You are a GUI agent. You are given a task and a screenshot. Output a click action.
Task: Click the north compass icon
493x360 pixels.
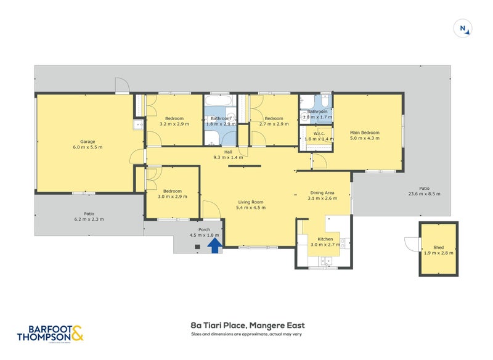(462, 28)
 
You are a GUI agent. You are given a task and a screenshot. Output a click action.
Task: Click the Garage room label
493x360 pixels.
(86, 141)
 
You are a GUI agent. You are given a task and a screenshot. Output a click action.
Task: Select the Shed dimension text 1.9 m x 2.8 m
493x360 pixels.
(439, 253)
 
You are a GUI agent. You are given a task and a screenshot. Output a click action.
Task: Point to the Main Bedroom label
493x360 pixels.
(364, 133)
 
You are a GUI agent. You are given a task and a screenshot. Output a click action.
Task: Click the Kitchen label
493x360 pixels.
(325, 239)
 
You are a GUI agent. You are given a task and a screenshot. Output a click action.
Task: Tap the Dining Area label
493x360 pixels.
(321, 192)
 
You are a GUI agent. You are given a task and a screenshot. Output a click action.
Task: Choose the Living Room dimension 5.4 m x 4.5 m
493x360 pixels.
(251, 208)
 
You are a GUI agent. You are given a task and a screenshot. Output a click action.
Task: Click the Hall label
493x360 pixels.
(228, 152)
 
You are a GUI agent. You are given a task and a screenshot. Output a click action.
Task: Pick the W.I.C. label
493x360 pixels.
(319, 133)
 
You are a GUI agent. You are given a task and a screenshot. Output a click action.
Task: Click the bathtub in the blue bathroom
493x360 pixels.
(218, 100)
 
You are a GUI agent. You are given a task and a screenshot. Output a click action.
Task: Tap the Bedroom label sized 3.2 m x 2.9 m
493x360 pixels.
(174, 118)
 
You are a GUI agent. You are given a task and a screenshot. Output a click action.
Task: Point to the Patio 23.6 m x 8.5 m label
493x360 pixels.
(424, 189)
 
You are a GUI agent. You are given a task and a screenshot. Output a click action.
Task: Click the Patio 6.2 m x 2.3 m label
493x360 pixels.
(89, 213)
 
